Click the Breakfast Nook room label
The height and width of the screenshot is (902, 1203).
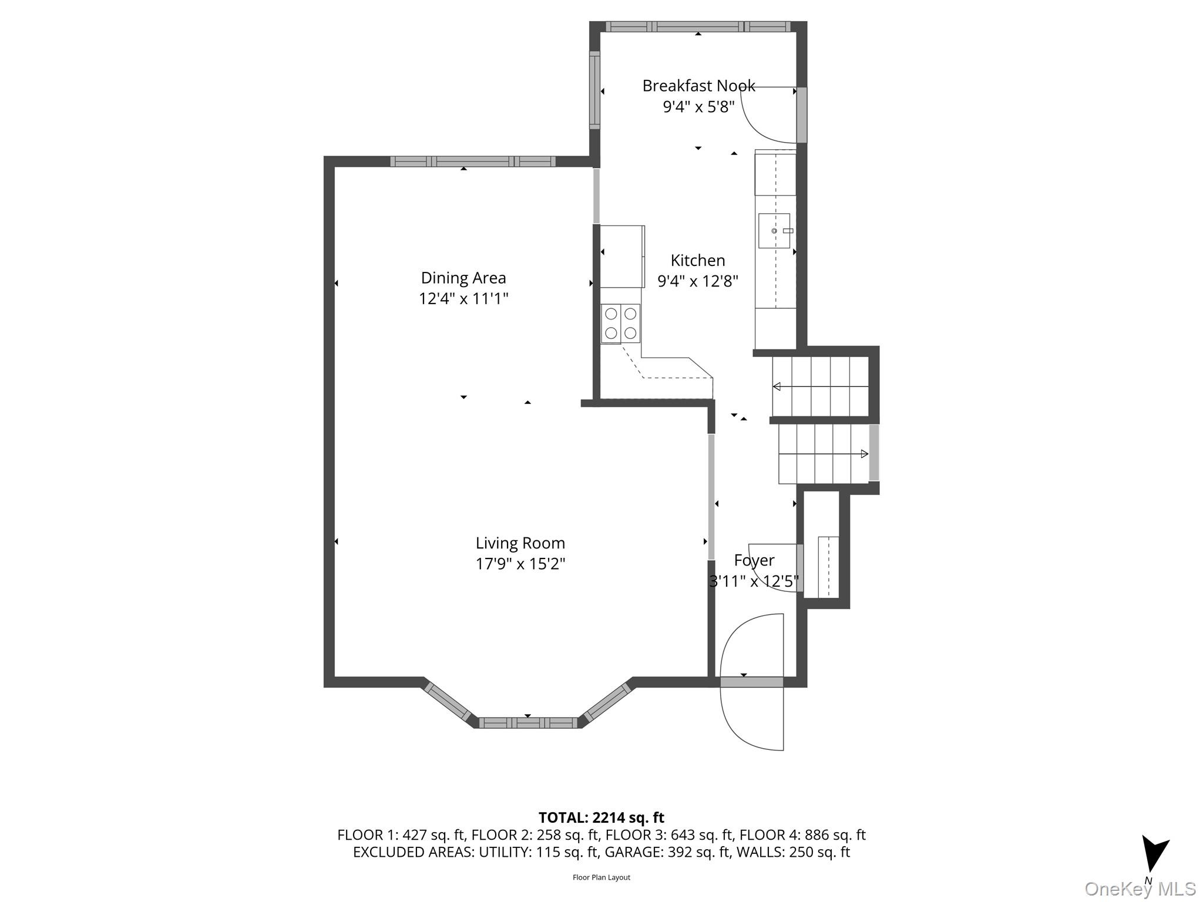pos(698,86)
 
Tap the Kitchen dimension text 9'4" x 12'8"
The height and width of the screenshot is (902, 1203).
pos(697,281)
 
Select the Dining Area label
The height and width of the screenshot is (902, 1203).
pos(463,278)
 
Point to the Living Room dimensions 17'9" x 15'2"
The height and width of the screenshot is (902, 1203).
pos(520,564)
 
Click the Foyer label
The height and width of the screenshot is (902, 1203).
pos(754,560)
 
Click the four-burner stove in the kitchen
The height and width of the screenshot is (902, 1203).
pos(620,323)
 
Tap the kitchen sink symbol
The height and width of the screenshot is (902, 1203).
pos(774,231)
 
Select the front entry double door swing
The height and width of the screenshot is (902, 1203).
pos(752,681)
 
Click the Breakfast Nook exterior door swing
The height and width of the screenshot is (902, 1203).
pos(769,115)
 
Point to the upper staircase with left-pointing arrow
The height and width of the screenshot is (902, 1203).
pos(819,386)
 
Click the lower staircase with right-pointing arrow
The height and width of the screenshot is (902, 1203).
pos(824,453)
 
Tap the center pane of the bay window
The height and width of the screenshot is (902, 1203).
pos(527,723)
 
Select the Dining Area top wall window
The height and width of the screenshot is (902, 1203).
pos(472,161)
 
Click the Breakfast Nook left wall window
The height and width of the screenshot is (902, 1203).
pos(594,90)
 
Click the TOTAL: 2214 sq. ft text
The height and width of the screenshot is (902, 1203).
pos(601,817)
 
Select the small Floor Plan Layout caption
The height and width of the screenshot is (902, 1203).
pos(601,877)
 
